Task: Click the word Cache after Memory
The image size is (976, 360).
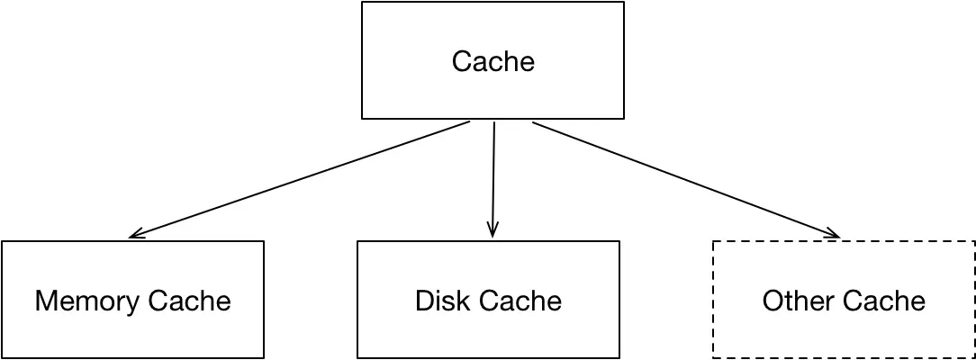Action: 190,300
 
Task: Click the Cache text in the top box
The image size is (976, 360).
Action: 493,61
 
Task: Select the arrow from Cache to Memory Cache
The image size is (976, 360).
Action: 299,179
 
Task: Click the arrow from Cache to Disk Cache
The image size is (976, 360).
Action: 493,179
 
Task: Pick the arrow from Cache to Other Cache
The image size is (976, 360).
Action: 686,179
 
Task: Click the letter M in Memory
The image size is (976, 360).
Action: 44,300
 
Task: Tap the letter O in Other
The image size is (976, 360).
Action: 772,300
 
